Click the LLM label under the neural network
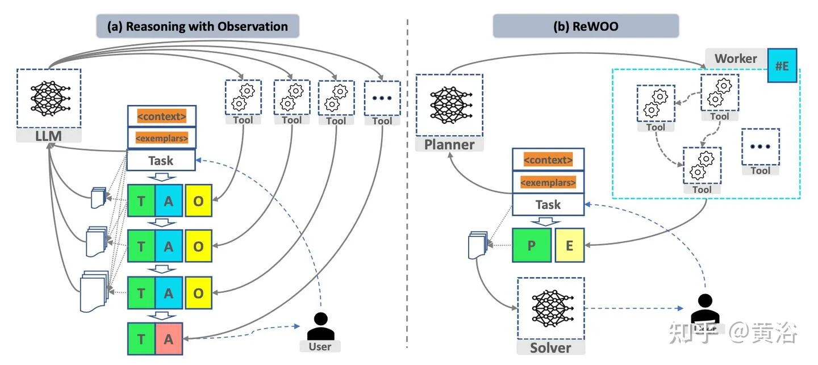(x=49, y=136)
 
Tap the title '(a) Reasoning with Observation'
(x=198, y=26)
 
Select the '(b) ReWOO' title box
(x=586, y=26)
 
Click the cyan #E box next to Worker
(x=782, y=66)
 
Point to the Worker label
(x=736, y=58)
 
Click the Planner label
(x=449, y=145)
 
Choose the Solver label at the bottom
(x=550, y=347)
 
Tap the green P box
(x=532, y=245)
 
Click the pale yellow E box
(x=569, y=245)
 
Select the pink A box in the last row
(x=169, y=339)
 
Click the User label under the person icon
(x=320, y=346)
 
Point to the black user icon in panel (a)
(x=320, y=326)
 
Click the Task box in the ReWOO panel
(x=548, y=204)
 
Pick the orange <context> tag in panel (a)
(x=162, y=116)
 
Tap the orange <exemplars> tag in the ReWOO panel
(x=548, y=182)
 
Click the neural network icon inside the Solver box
(x=552, y=308)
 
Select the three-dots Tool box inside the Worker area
(x=760, y=146)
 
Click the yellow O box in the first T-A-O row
(x=198, y=201)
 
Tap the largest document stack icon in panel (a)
(x=94, y=291)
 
